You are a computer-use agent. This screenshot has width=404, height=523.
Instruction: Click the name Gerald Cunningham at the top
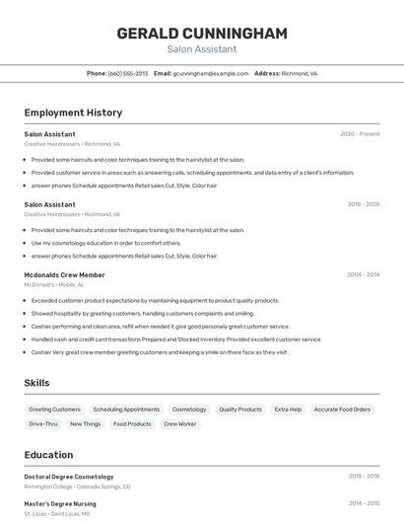202,34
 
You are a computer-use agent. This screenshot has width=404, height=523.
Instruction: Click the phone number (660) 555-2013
128,73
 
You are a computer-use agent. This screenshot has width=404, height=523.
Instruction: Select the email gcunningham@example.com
210,73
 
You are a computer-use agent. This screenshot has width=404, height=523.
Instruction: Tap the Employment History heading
73,112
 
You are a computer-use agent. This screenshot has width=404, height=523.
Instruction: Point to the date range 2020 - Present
360,134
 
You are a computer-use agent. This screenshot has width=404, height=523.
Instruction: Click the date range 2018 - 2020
363,204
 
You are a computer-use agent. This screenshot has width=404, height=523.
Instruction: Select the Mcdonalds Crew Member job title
64,275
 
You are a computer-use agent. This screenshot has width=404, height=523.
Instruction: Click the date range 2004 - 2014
363,275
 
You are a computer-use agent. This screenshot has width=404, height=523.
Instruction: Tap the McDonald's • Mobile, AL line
54,285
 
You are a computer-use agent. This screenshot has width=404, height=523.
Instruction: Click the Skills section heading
36,383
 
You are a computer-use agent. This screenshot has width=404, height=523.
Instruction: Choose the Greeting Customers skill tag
54,409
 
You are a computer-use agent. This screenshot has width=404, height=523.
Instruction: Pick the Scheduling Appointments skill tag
126,409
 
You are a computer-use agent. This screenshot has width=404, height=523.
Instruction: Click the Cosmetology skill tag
189,409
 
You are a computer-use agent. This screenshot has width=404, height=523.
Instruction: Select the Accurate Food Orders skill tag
342,409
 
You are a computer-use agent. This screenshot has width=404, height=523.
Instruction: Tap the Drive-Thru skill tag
43,423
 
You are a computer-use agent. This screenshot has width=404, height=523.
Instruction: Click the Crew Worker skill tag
179,423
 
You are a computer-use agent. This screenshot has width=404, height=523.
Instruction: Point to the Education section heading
48,455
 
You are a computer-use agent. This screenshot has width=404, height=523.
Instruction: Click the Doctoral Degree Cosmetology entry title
69,477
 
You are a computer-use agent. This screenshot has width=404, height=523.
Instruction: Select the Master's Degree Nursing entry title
61,503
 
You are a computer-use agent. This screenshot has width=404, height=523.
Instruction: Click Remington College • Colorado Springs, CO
77,486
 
